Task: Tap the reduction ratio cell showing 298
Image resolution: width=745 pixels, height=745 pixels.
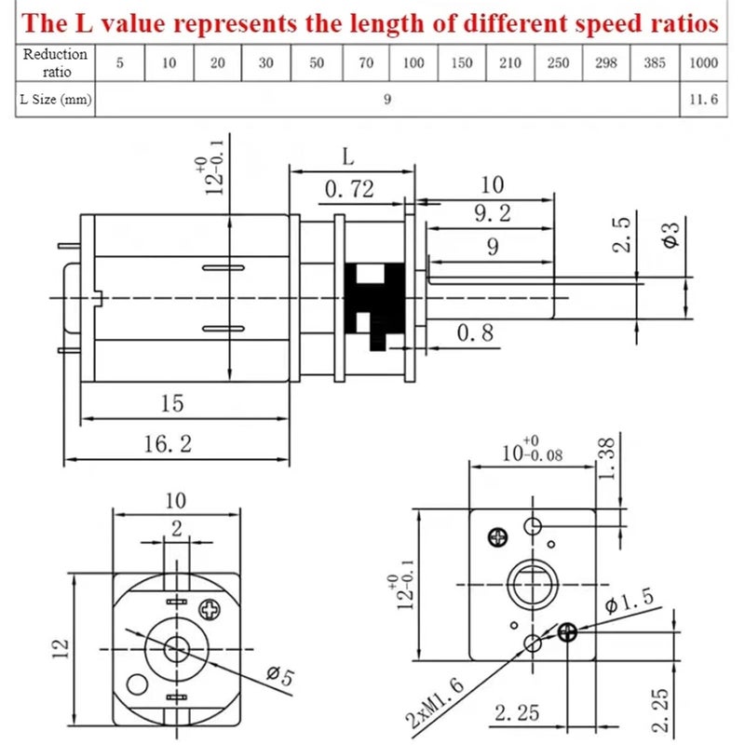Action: point(605,63)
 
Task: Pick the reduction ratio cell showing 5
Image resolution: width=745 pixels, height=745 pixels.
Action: point(119,63)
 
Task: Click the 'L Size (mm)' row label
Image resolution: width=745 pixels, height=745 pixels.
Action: point(55,100)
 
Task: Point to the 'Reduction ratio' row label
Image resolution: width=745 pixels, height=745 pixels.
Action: point(55,62)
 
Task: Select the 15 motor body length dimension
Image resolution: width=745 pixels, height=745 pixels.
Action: point(172,403)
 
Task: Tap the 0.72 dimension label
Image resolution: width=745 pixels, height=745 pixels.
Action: point(349,190)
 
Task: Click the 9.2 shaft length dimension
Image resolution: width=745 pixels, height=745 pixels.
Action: point(492,214)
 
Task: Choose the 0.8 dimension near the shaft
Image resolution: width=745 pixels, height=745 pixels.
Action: point(475,333)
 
